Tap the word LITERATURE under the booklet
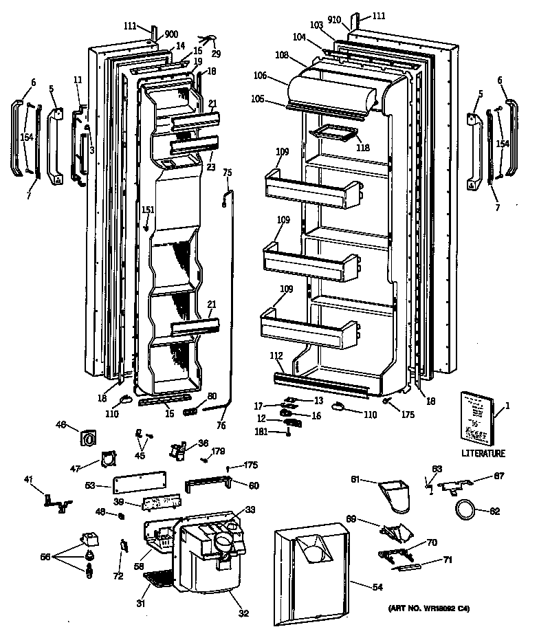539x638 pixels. pos(484,454)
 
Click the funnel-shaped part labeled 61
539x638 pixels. pos(394,496)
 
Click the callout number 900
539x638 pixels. pos(170,34)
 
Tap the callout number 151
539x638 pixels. pos(148,210)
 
